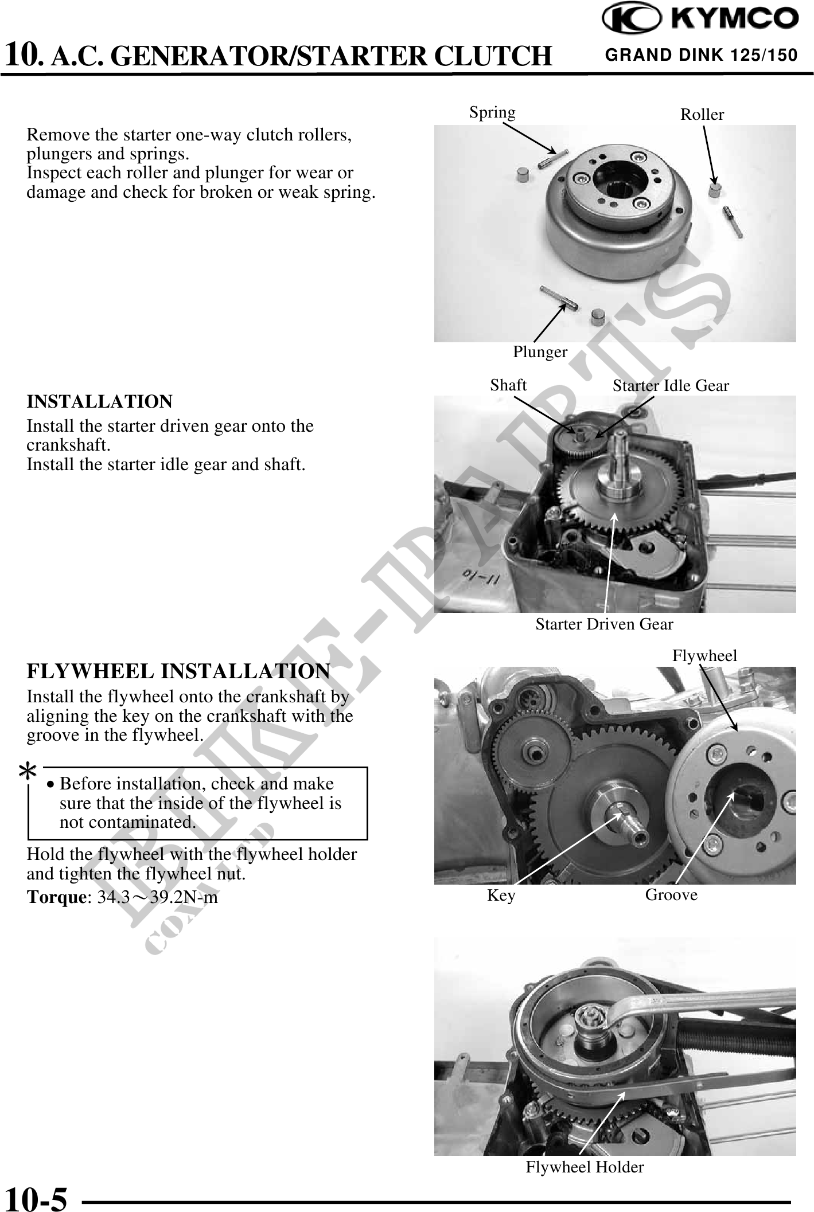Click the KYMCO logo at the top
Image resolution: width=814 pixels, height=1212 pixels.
click(699, 20)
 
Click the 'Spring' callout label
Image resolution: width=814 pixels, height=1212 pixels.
click(492, 112)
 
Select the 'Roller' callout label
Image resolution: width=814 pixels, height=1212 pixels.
click(702, 114)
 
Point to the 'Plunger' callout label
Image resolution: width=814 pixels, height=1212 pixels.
click(540, 352)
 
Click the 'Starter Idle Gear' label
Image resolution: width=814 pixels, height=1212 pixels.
click(671, 385)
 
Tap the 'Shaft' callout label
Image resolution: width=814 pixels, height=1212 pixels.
click(508, 385)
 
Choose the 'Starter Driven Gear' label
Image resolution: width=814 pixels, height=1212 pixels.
click(604, 624)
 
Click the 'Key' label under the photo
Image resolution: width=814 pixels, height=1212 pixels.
click(501, 895)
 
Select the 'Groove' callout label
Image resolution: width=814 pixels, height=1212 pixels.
click(671, 894)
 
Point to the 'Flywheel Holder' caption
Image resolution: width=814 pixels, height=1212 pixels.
click(585, 1167)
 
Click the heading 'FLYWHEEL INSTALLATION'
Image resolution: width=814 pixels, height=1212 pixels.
click(178, 671)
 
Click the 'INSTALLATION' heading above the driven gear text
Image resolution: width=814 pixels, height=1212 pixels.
click(100, 401)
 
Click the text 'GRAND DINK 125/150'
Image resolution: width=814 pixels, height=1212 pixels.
click(701, 55)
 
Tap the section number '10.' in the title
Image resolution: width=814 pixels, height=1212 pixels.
click(24, 55)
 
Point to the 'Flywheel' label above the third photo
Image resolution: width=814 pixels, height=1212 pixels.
click(704, 655)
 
